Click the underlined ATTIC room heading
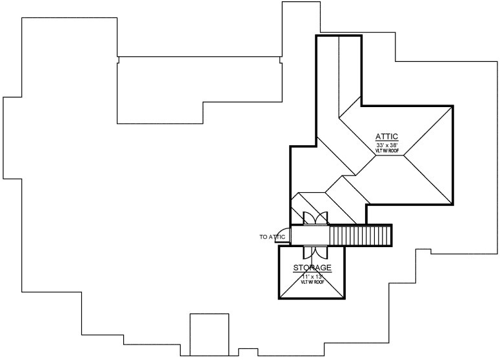pos(387,137)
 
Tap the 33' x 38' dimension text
pos(387,145)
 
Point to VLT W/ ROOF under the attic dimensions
pos(387,151)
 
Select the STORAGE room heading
pos(312,268)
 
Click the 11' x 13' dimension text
pos(312,276)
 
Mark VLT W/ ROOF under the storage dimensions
pos(312,282)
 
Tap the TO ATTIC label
pos(272,237)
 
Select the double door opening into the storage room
pos(315,252)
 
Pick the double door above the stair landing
pos(315,218)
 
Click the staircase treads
pos(360,235)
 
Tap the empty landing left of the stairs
pos(310,235)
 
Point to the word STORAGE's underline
pos(312,273)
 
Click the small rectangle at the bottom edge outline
pos(209,334)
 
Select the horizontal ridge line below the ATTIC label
pos(389,155)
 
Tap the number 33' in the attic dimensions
pos(381,145)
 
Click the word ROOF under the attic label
pos(394,151)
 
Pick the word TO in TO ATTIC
pos(263,237)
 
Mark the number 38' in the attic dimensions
pos(394,145)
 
